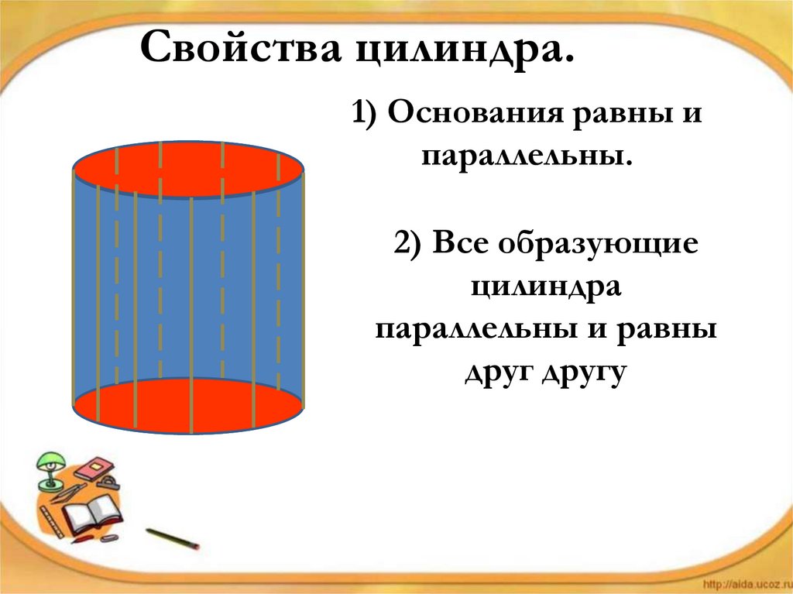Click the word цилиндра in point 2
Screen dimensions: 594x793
click(547, 287)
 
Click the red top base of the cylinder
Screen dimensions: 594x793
click(188, 170)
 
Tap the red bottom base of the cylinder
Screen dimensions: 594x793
click(188, 407)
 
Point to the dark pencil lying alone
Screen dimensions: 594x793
click(173, 539)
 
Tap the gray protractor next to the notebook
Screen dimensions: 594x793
click(111, 483)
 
